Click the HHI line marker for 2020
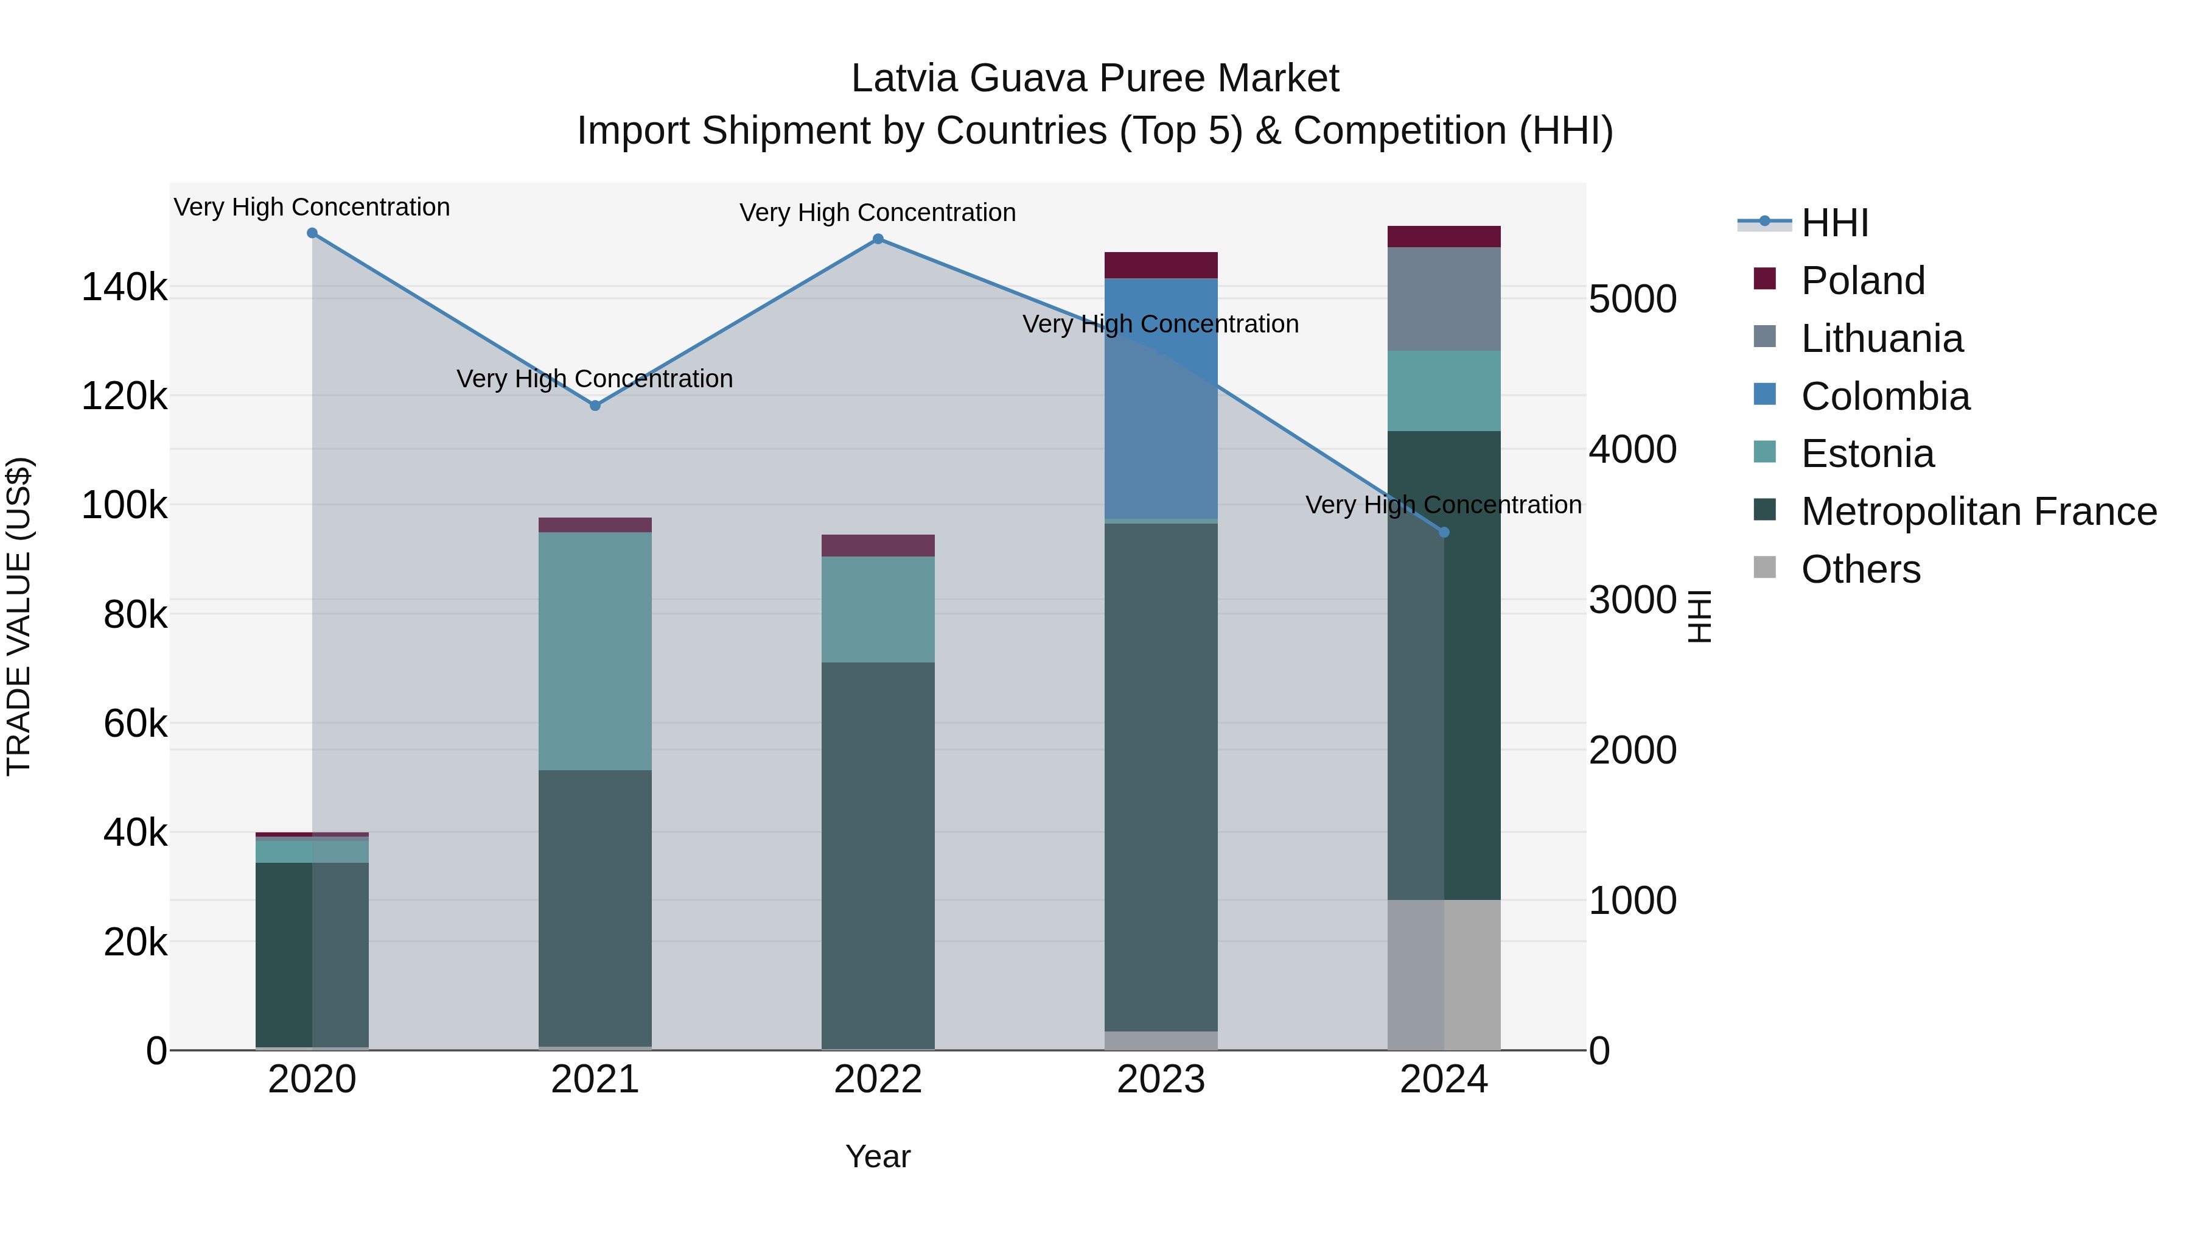312,233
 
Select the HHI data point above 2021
595,406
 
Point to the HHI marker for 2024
1444,533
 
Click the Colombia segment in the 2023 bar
1161,398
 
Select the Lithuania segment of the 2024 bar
1444,299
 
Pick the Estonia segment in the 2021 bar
595,651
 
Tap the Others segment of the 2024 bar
1444,974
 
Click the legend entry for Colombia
1885,396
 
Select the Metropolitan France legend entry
1979,512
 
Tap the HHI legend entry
1834,223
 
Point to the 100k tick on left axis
124,505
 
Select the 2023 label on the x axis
1161,1080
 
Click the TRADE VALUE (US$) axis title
19,616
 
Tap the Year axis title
878,1156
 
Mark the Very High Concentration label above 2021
595,379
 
